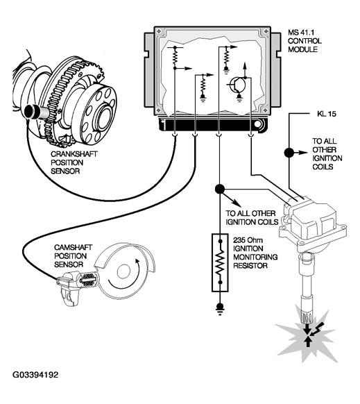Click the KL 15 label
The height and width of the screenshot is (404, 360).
point(327,114)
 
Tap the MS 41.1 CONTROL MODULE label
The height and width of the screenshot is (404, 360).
point(305,41)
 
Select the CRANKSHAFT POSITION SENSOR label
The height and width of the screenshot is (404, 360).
point(74,162)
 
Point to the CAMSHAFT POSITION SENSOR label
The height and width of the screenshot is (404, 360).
point(73,256)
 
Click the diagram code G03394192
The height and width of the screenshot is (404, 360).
point(35,375)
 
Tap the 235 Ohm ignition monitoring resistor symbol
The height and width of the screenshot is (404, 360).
point(220,262)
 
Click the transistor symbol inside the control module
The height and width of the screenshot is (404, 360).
point(237,85)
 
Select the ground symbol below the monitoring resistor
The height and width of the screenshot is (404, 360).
point(220,309)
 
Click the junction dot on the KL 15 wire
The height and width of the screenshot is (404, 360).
point(289,153)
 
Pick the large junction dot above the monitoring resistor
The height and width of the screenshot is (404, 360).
point(220,190)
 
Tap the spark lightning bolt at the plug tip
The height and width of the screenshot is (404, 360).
point(315,331)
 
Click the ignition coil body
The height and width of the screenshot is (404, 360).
point(313,223)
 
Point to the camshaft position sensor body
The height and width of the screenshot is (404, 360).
point(77,285)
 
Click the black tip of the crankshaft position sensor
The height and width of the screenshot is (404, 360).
point(30,112)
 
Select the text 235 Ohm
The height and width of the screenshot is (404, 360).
point(248,240)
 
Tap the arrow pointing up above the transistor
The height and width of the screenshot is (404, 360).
point(245,69)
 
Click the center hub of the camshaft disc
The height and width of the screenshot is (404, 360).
point(124,272)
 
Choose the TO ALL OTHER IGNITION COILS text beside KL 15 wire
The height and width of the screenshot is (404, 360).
point(327,154)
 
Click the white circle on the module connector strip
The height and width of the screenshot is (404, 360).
point(257,124)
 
